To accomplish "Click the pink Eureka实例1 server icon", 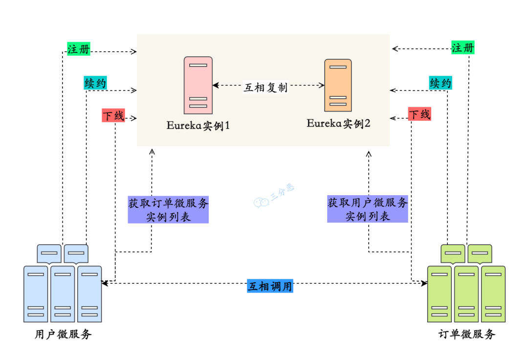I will (198, 85).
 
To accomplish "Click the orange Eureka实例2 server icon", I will (338, 86).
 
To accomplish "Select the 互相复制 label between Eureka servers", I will (265, 87).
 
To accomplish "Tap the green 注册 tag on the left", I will (79, 49).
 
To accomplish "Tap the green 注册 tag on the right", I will (462, 48).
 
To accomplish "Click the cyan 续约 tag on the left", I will (95, 84).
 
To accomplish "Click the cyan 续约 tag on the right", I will (440, 84).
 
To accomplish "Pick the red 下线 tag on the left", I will (113, 115).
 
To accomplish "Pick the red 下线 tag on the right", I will (419, 114).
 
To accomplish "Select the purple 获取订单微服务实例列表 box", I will (168, 210).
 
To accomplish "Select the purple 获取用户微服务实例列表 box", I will (367, 209).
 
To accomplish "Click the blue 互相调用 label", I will (270, 286).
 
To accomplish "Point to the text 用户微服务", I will (63, 335).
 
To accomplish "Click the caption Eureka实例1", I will (198, 125).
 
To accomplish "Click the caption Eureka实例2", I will (338, 123).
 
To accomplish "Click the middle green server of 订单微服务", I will (466, 293).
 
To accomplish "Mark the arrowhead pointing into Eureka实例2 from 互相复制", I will (322, 85).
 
